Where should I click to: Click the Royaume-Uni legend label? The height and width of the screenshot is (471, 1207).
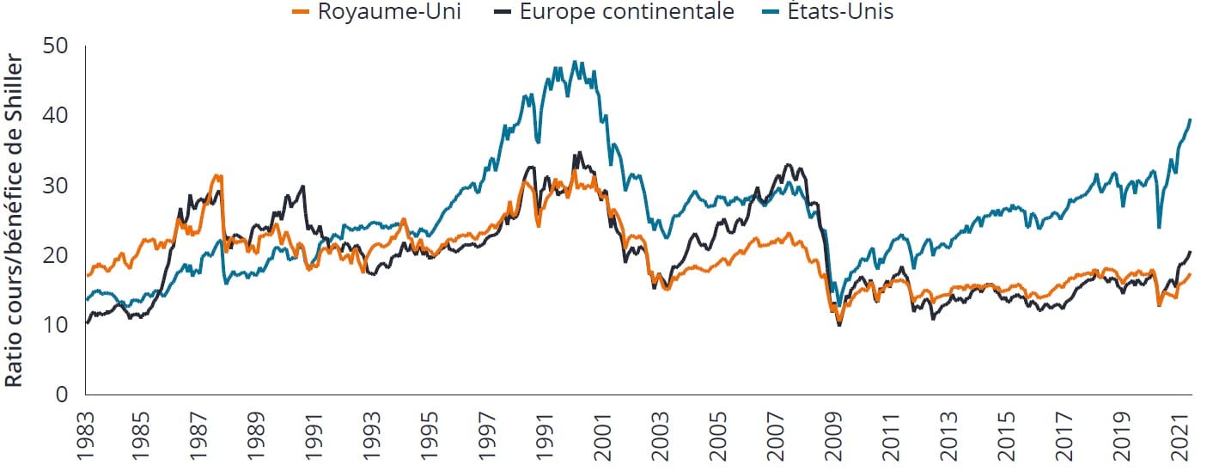[388, 13]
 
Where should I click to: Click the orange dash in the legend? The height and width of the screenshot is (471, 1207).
[302, 13]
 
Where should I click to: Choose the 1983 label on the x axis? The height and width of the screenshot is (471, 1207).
[85, 434]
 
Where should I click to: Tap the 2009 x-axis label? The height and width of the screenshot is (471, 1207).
[838, 434]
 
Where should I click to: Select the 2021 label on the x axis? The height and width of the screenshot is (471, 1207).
[1183, 434]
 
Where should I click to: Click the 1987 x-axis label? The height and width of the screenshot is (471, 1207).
[200, 434]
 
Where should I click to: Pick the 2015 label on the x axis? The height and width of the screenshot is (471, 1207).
[1011, 434]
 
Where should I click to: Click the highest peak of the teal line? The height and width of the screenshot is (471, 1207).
[574, 62]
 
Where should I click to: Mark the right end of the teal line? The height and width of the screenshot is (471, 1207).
[1191, 119]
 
